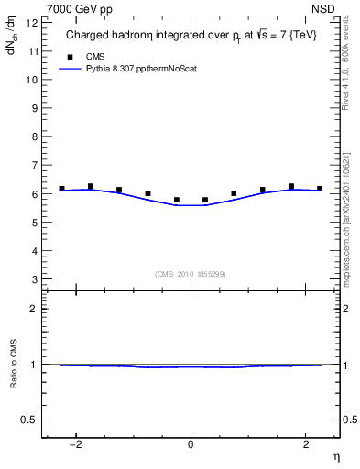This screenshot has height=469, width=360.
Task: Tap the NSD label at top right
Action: [323, 9]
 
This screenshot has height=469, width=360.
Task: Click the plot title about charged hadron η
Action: [190, 37]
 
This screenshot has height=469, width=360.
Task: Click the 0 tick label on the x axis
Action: [191, 444]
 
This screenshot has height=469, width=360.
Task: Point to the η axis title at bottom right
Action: [335, 456]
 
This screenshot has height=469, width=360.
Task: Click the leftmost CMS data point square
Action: [61, 189]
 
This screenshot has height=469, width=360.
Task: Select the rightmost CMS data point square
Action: [320, 189]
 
